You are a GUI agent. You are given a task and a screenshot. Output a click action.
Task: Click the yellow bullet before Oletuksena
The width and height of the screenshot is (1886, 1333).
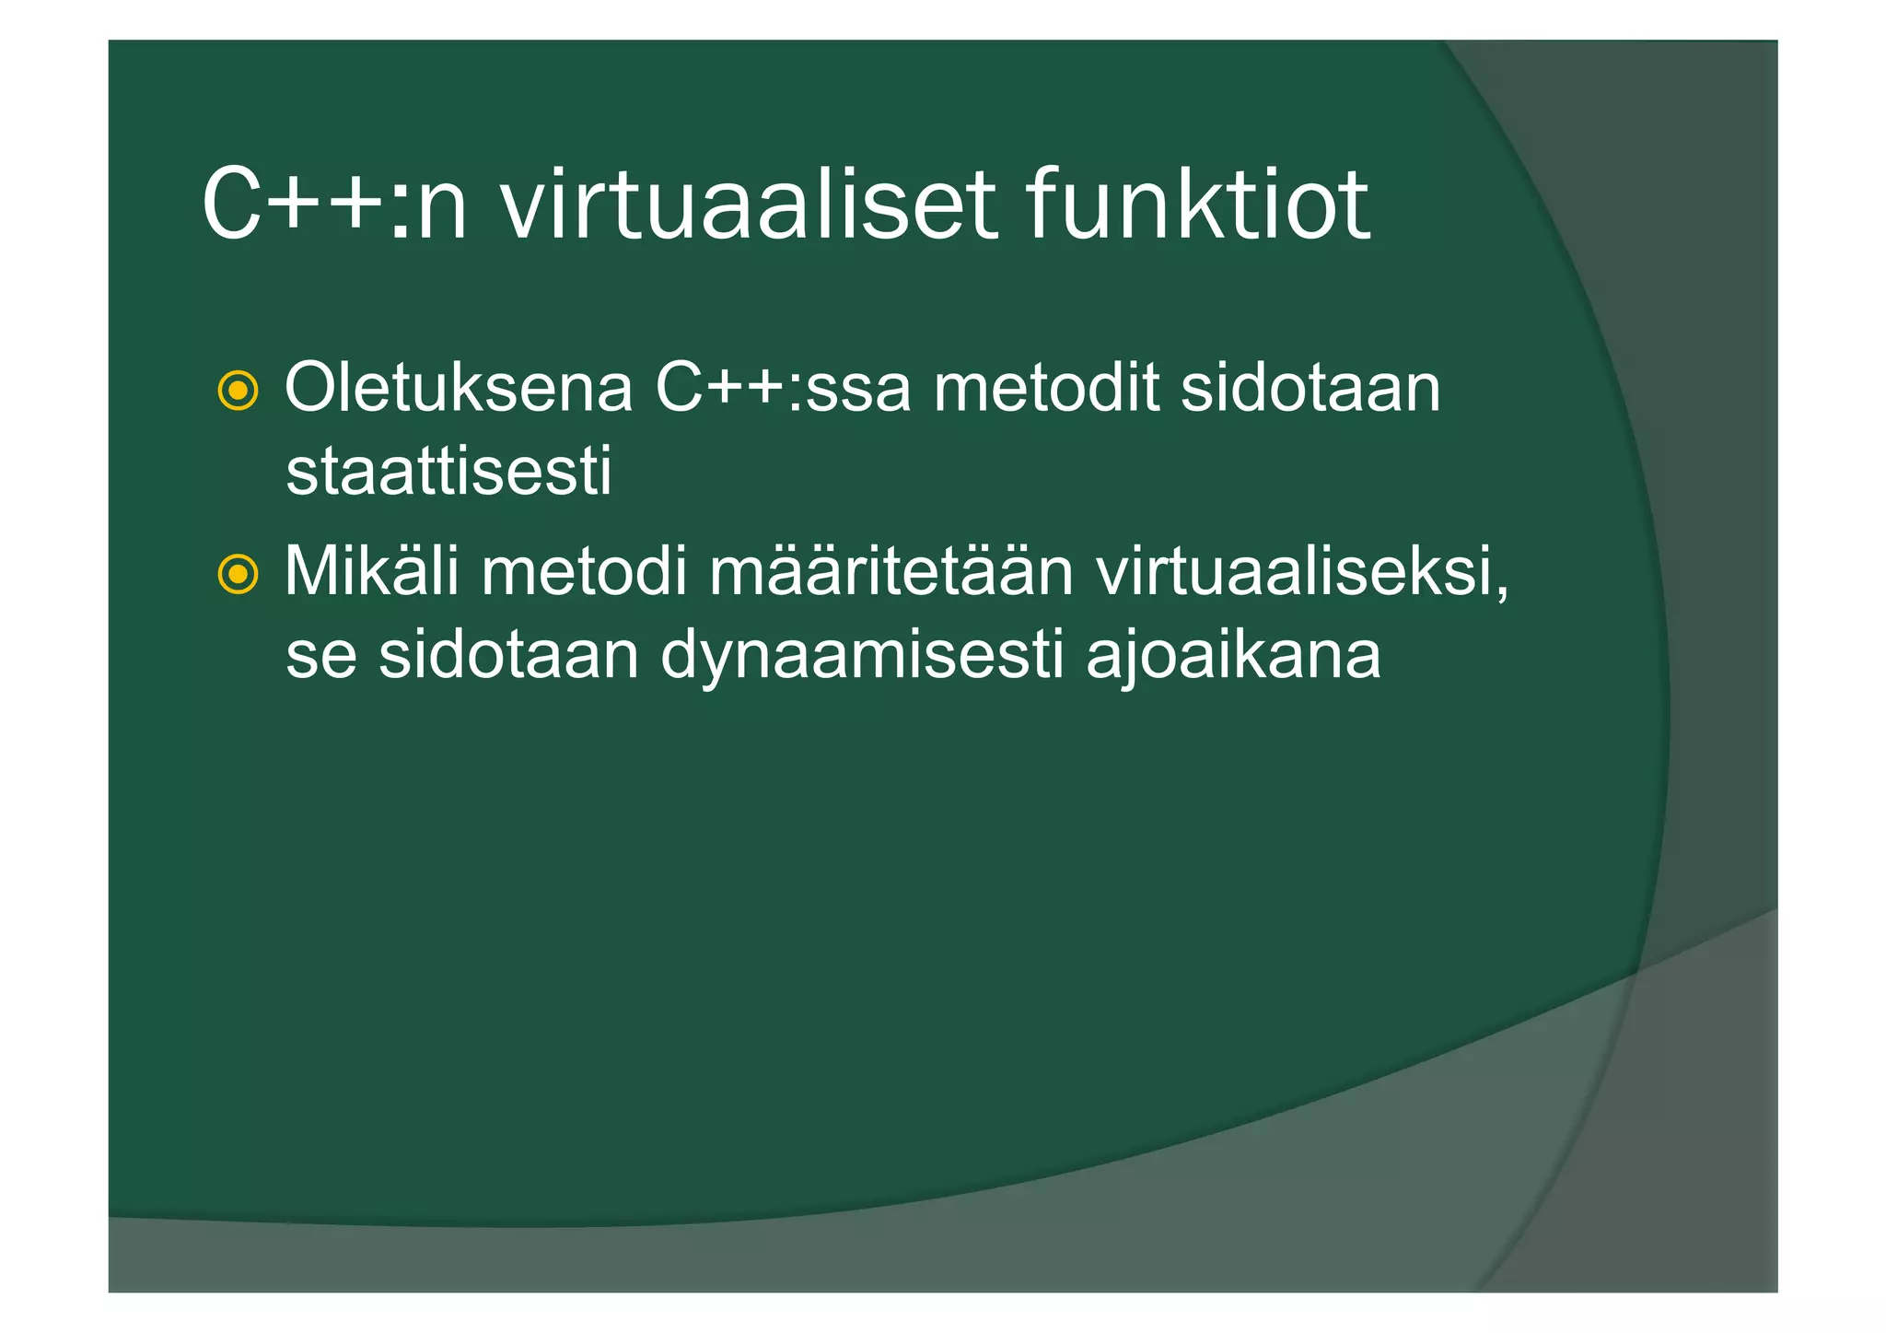pyautogui.click(x=238, y=392)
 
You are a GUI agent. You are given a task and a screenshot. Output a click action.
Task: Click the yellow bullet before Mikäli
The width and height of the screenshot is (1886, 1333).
pyautogui.click(x=238, y=576)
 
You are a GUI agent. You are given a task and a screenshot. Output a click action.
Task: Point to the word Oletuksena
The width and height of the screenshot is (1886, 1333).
pyautogui.click(x=459, y=389)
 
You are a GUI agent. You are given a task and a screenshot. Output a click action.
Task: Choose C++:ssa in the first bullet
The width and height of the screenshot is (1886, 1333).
pyautogui.click(x=783, y=389)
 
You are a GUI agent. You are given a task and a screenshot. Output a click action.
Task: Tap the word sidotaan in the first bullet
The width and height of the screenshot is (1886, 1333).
pyautogui.click(x=1310, y=389)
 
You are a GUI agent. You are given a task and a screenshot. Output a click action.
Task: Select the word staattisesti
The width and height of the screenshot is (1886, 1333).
pyautogui.click(x=448, y=472)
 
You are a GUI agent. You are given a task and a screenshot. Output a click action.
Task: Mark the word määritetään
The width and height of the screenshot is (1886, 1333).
pyautogui.click(x=891, y=572)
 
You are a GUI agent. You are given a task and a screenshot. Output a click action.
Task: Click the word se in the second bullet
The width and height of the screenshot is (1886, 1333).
pyautogui.click(x=320, y=656)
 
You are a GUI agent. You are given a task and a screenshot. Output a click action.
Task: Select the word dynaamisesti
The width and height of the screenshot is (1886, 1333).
pyautogui.click(x=862, y=656)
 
